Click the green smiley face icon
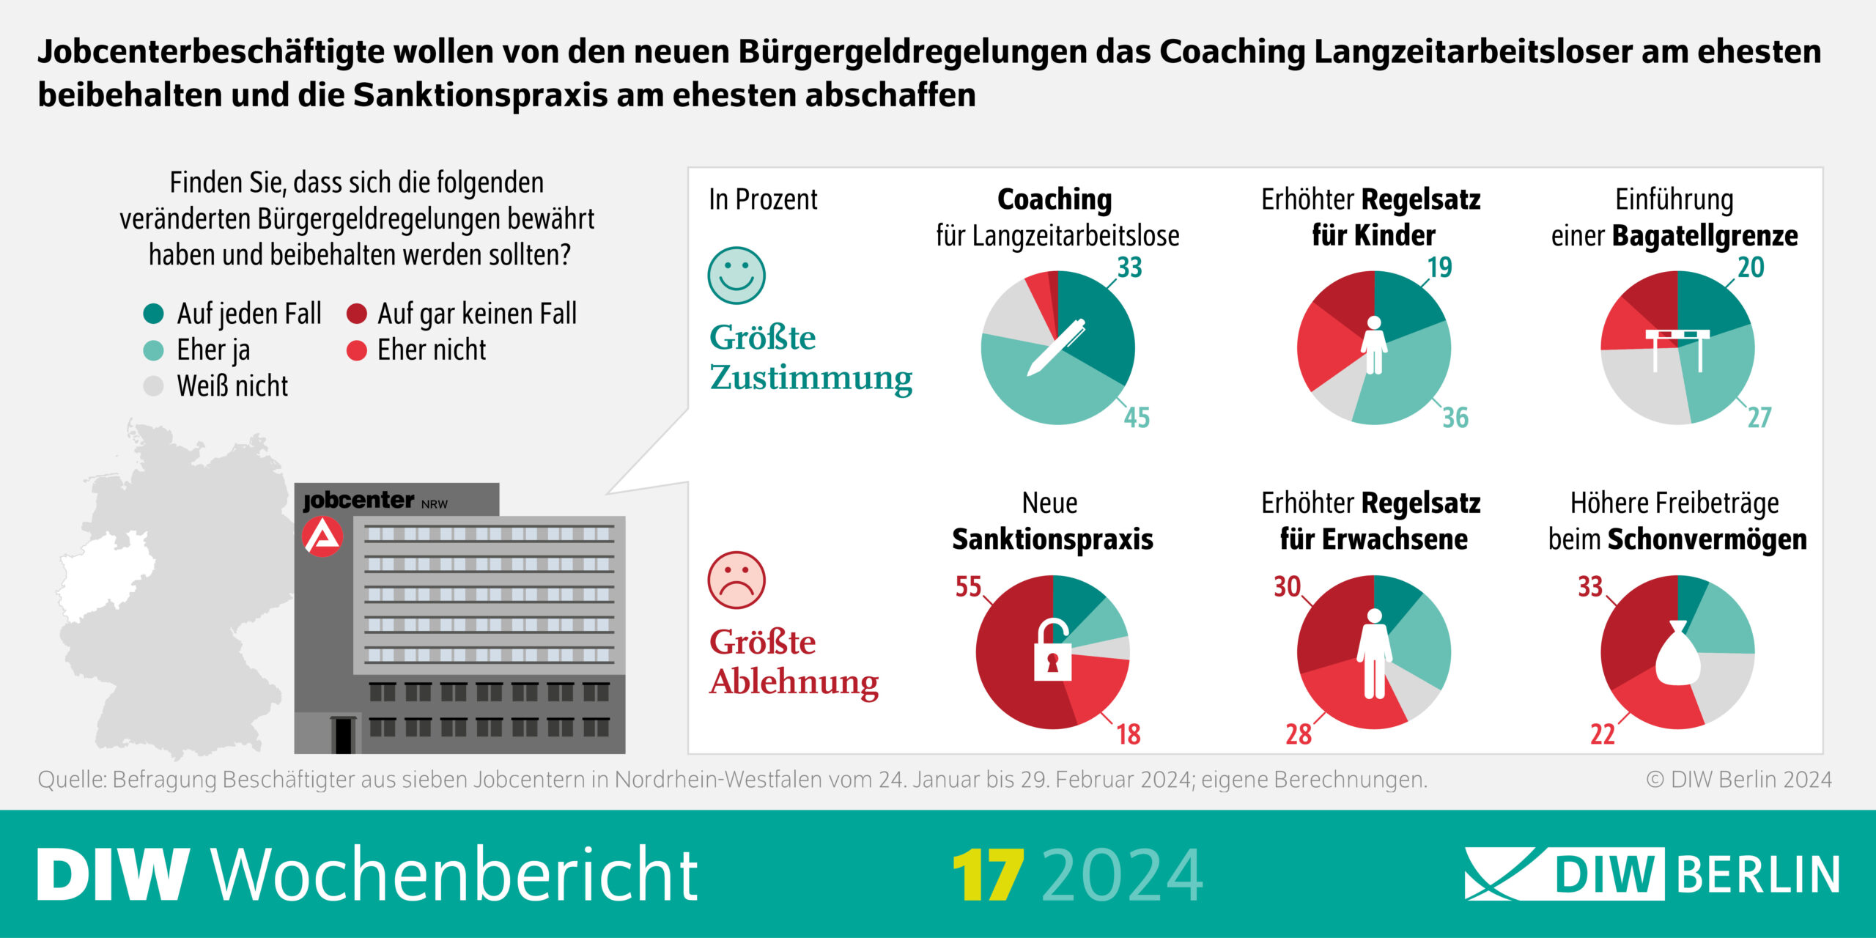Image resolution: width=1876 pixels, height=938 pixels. (736, 276)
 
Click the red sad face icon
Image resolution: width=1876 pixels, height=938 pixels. (736, 580)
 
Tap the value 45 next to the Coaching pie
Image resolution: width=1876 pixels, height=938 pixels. (1137, 418)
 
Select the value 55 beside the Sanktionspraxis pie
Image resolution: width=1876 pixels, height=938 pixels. (968, 586)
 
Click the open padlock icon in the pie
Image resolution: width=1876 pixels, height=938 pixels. (1052, 651)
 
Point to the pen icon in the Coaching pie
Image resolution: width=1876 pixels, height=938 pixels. (1055, 348)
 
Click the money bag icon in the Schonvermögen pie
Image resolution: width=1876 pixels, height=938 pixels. (1677, 654)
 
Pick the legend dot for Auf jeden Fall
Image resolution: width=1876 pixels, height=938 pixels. (153, 314)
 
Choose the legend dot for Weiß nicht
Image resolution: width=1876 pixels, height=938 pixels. (153, 386)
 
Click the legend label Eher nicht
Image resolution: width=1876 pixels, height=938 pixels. (431, 350)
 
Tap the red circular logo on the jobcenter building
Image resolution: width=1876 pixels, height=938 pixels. (322, 536)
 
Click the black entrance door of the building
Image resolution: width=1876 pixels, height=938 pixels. (343, 735)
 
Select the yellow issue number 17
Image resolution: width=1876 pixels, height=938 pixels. (988, 875)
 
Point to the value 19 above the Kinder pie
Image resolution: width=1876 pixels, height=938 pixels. (1439, 267)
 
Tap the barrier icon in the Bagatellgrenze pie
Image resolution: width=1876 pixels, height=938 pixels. (1677, 348)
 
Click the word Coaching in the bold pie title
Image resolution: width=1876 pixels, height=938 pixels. (1055, 199)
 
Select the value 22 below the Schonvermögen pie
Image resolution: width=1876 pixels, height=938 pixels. (1602, 734)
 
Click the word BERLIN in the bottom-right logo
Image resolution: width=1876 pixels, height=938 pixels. (1758, 874)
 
